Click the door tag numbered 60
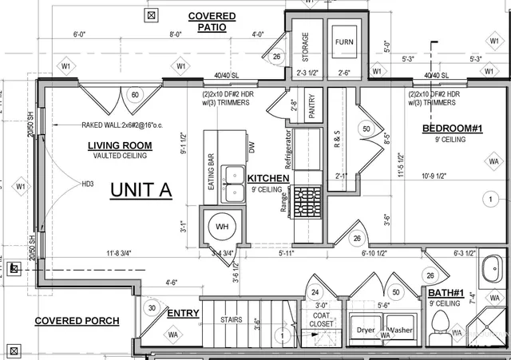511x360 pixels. point(134,96)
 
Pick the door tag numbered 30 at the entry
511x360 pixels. point(153,309)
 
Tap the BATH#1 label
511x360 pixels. point(457,294)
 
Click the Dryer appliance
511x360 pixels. point(366,330)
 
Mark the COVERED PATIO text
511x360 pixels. point(212,22)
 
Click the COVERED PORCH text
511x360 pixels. point(77,321)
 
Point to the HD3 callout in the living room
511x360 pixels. point(88,183)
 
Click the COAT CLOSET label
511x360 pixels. point(323,320)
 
